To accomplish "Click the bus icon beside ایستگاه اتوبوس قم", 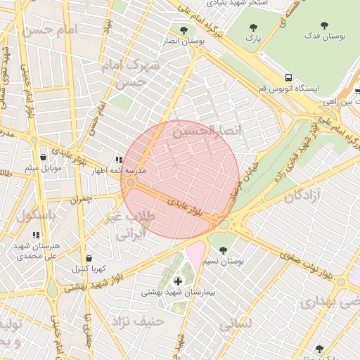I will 289,77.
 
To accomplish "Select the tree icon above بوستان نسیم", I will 223,250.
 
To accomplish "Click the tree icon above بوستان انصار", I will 184,30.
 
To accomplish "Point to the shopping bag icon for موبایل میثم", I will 44,157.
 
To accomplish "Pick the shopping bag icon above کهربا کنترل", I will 88,258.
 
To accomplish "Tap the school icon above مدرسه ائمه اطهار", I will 119,160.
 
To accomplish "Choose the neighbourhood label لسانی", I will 235,326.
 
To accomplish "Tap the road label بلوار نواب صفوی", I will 295,263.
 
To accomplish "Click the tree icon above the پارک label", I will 253,27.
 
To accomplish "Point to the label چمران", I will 81,200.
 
